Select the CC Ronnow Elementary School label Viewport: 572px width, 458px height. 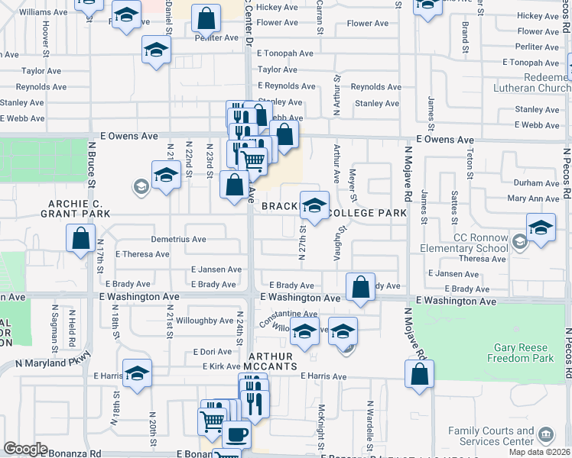coord(463,243)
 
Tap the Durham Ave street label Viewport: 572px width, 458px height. coord(536,183)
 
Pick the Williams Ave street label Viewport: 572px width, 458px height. coord(43,12)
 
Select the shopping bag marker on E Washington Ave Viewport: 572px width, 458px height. coord(360,287)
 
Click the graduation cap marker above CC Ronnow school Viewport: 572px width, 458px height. coord(541,227)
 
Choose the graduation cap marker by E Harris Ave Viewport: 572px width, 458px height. coord(137,373)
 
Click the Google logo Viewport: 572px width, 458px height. coord(26,449)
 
